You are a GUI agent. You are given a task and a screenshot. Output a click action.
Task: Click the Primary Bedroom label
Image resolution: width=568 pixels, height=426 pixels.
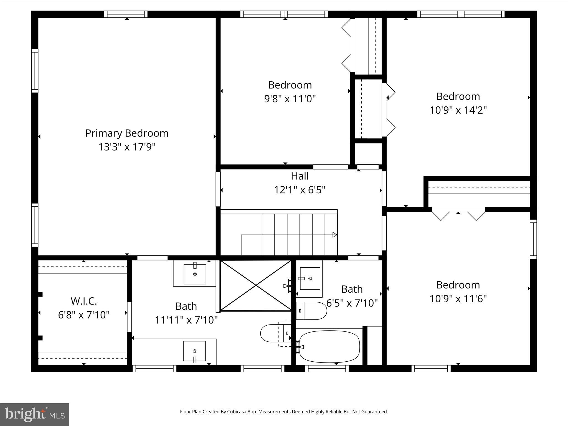pyautogui.click(x=127, y=133)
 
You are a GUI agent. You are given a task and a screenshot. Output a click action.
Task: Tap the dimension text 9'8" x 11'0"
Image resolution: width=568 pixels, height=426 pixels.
pyautogui.click(x=290, y=99)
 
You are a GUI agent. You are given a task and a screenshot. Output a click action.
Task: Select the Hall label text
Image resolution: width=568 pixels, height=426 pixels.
pyautogui.click(x=300, y=176)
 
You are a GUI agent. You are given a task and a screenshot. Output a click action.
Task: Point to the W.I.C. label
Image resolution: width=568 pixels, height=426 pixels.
pyautogui.click(x=84, y=301)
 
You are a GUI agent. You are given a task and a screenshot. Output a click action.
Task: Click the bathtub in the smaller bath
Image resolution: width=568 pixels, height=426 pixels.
pyautogui.click(x=329, y=347)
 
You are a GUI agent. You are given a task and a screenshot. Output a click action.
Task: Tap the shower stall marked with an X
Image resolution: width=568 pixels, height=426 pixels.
pyautogui.click(x=255, y=285)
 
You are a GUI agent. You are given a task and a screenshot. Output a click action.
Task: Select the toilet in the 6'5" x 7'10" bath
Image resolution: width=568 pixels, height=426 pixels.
pyautogui.click(x=312, y=311)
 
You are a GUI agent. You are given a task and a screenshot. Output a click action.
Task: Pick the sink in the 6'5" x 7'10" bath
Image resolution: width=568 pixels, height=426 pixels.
pyautogui.click(x=310, y=278)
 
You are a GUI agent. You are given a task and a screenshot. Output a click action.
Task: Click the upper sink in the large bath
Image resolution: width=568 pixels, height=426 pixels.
pyautogui.click(x=195, y=274)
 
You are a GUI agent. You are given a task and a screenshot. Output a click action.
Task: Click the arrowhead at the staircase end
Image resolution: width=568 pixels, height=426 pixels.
pyautogui.click(x=335, y=235)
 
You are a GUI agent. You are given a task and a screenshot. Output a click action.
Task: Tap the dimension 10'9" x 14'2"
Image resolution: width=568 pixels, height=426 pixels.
pyautogui.click(x=458, y=110)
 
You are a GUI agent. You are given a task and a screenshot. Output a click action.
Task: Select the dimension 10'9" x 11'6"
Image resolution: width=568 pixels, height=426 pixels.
pyautogui.click(x=458, y=299)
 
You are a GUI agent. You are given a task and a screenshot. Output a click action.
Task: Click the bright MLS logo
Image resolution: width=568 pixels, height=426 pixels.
pyautogui.click(x=35, y=414)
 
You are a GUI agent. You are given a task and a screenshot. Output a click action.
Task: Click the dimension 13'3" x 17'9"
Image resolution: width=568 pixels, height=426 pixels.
pyautogui.click(x=127, y=147)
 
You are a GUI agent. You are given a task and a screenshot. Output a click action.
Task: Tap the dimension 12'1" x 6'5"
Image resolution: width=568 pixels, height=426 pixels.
pyautogui.click(x=300, y=190)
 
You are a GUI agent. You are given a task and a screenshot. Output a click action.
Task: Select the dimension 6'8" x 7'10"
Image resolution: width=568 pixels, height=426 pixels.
pyautogui.click(x=84, y=315)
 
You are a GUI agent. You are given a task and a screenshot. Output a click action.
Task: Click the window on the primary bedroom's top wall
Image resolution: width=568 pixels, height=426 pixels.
pyautogui.click(x=126, y=14)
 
